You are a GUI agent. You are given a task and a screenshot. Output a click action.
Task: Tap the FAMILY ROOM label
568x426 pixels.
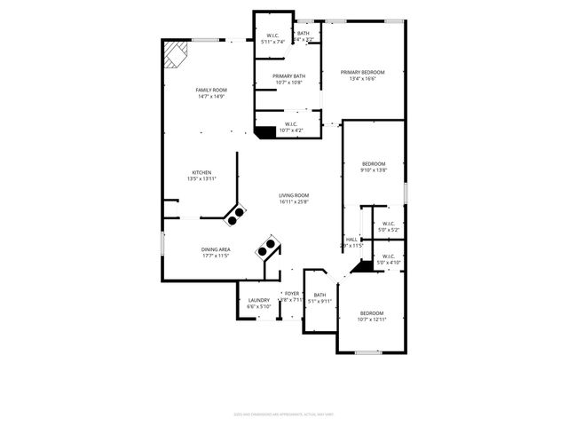(212, 90)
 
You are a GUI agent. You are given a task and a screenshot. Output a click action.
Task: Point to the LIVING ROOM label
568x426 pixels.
(294, 195)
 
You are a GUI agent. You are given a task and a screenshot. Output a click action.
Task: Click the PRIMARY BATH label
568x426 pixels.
(288, 76)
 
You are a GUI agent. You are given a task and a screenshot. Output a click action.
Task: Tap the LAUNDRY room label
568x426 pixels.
(259, 300)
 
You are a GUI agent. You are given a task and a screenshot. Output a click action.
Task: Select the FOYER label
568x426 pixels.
(292, 293)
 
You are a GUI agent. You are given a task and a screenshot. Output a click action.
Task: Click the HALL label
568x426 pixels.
(352, 239)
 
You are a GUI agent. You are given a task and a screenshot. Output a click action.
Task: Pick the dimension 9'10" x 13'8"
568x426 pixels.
(374, 170)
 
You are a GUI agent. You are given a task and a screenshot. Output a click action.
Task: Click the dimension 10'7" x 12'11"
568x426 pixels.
(372, 319)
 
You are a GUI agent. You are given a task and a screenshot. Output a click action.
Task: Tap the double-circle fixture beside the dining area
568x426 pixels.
(267, 246)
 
